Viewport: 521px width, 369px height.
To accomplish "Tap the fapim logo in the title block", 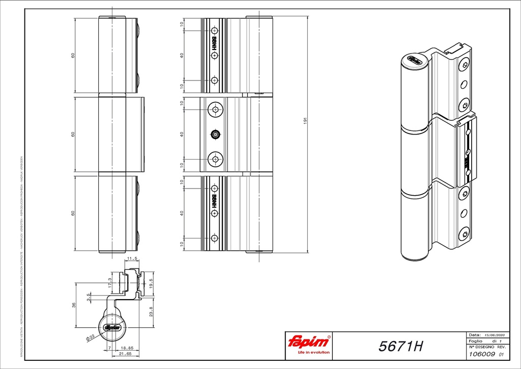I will (309, 341).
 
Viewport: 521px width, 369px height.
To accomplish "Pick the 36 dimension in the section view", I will (73, 305).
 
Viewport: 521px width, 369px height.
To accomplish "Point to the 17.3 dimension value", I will (110, 283).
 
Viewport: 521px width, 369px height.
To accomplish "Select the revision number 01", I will (501, 355).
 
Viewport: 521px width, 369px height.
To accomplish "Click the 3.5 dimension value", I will (89, 297).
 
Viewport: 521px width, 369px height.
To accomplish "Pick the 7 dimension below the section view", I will (109, 348).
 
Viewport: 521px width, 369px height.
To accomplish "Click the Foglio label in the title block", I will (475, 340).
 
